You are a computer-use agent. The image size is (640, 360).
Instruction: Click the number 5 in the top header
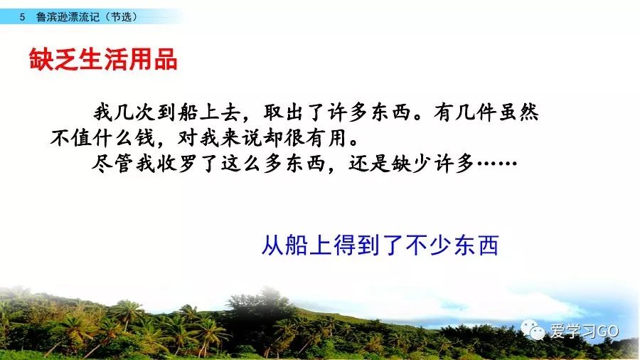22,17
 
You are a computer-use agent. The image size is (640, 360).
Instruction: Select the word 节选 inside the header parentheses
121,17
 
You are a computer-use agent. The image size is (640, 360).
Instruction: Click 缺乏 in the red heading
53,59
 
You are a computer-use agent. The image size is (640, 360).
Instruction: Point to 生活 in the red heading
103,59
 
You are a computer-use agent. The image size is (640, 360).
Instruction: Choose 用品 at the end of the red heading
153,59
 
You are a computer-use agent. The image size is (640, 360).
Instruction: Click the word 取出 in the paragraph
285,112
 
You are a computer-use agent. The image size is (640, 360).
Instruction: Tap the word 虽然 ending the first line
518,112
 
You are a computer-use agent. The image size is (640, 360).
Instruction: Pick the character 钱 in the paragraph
145,138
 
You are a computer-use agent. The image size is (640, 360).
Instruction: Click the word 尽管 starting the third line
113,164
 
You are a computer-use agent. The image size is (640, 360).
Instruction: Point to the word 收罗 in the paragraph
177,164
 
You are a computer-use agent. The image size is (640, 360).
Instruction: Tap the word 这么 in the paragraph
241,164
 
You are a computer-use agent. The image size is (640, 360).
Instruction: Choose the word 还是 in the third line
369,164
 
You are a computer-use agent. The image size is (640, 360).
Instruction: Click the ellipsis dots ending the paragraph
497,164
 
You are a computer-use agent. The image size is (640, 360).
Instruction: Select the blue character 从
272,245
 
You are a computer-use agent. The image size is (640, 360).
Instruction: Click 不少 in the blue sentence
428,245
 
